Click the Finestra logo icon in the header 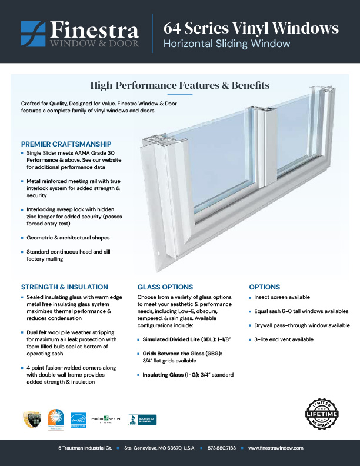[32, 34]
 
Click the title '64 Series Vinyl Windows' [251, 28]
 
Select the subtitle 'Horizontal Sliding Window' [226, 44]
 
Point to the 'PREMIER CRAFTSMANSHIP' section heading [66, 144]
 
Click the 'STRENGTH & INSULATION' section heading [65, 287]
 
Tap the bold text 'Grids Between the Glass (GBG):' [183, 353]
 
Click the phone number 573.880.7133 [222, 448]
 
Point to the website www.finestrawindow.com [275, 448]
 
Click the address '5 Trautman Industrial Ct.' [84, 448]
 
